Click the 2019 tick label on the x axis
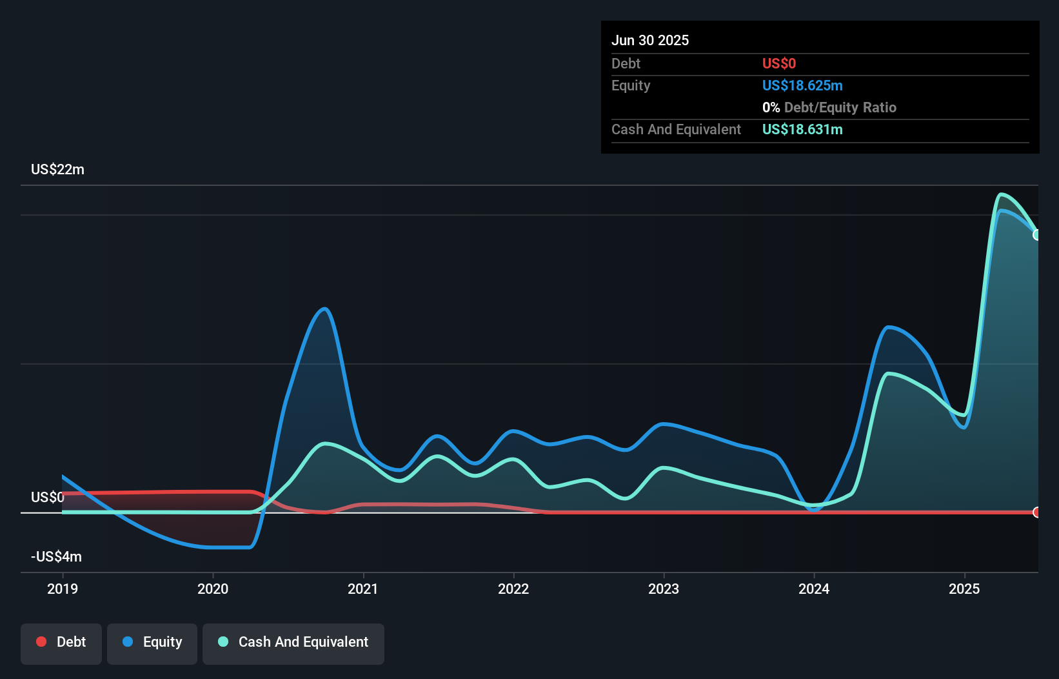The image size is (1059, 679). (63, 589)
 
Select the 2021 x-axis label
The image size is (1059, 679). (363, 589)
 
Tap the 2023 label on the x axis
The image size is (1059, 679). (664, 589)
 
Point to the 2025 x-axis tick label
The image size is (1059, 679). (964, 589)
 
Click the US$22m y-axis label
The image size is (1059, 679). (57, 169)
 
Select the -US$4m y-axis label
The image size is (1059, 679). (56, 556)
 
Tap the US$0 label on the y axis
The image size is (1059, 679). (48, 497)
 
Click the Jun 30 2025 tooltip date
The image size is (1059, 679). (650, 40)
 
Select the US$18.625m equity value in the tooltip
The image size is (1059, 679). (802, 85)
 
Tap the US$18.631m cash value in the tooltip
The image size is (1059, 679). (802, 129)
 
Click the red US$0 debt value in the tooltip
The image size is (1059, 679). (779, 63)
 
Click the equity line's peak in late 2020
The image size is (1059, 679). (325, 309)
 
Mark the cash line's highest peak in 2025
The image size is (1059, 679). (1000, 194)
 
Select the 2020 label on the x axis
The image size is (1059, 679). (213, 589)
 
